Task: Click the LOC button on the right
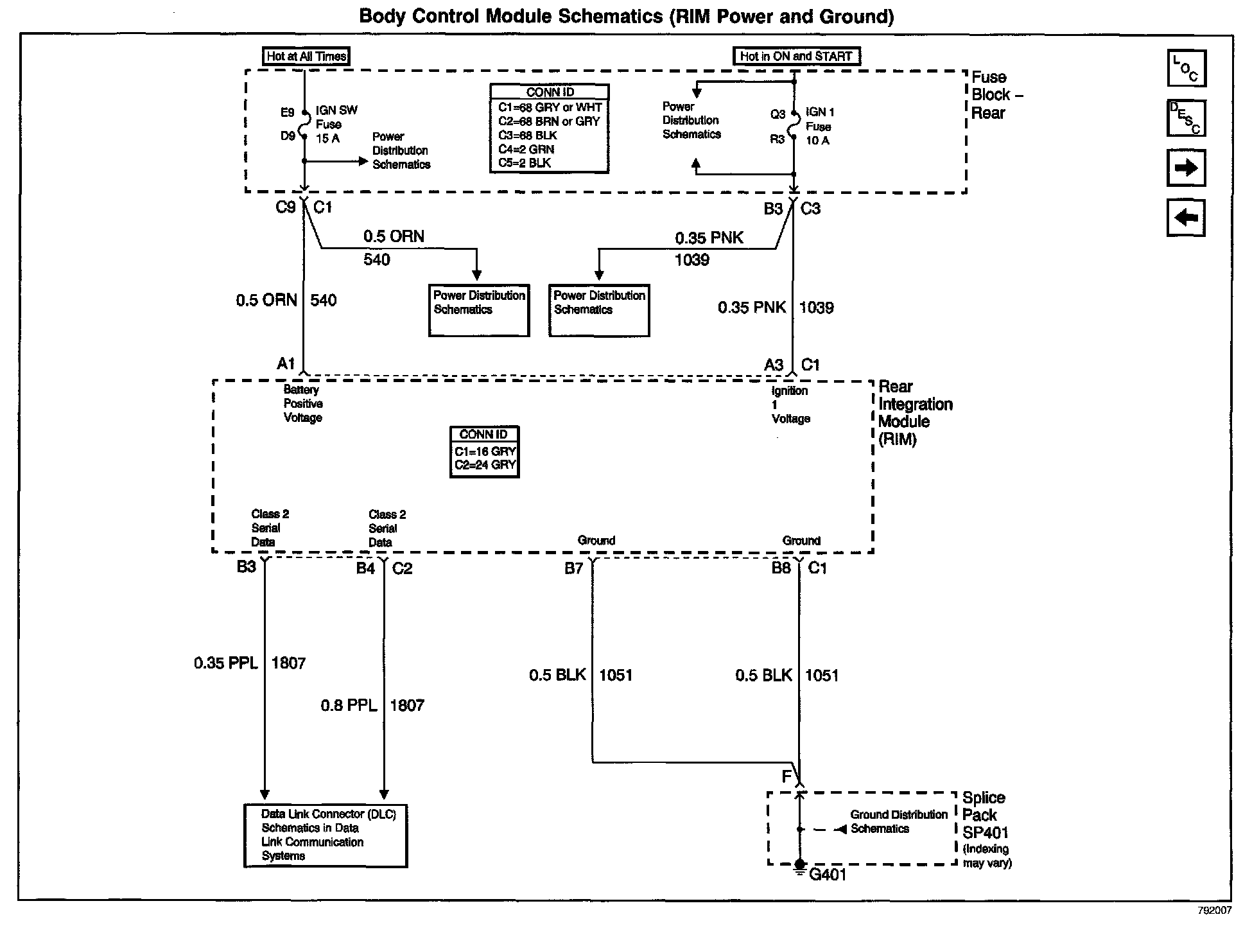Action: (1186, 68)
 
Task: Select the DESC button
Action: (1186, 118)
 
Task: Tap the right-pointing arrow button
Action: (1186, 168)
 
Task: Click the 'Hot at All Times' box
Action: (306, 57)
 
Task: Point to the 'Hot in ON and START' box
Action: (796, 57)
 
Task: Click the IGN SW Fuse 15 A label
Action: (335, 125)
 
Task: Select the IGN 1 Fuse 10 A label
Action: (820, 127)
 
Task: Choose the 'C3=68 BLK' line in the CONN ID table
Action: (528, 135)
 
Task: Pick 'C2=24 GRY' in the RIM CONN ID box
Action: (485, 465)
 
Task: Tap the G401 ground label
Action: (828, 875)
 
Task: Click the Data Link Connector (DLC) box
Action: (326, 835)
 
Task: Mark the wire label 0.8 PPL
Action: (349, 705)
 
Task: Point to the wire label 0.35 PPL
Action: (225, 663)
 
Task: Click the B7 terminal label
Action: (573, 568)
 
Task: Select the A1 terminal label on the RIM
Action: (286, 364)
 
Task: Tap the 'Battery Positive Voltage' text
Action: (302, 404)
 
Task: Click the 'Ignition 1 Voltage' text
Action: (790, 405)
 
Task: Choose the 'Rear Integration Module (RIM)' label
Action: (914, 413)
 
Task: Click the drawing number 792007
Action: (1213, 911)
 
